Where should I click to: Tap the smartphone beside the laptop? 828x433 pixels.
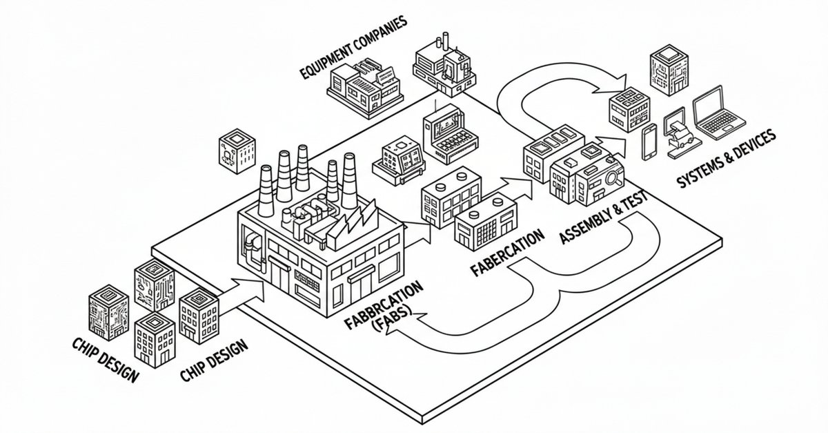coord(650,142)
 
